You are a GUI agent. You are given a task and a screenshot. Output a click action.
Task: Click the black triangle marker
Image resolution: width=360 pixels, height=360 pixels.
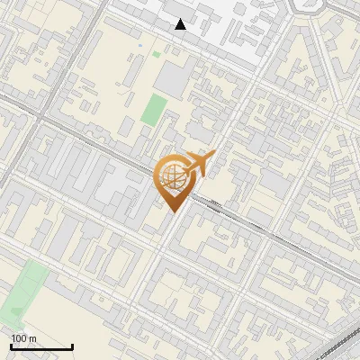181,24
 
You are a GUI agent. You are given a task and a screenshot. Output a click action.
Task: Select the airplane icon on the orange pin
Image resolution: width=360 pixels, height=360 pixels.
196,164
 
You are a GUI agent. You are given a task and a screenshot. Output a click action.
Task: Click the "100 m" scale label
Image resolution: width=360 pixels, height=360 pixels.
23,338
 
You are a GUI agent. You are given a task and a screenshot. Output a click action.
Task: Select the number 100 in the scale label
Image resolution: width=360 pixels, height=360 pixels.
19,338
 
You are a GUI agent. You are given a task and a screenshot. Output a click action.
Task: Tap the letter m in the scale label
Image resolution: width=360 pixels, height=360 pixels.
32,338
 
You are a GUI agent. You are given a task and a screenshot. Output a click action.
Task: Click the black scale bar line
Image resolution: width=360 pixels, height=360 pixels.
41,347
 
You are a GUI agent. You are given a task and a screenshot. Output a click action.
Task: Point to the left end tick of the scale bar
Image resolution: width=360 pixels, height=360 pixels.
11,346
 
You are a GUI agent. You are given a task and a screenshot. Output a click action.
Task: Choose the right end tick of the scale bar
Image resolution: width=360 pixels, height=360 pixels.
72,346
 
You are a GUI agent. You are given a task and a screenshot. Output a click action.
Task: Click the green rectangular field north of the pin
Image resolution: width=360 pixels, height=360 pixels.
154,110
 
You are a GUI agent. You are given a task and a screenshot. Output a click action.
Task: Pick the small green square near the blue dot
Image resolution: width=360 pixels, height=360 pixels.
157,54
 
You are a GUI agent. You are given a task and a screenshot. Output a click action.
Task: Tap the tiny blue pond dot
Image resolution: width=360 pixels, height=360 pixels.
141,42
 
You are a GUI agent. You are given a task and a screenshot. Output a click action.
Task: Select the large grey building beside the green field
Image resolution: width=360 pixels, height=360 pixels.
173,81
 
